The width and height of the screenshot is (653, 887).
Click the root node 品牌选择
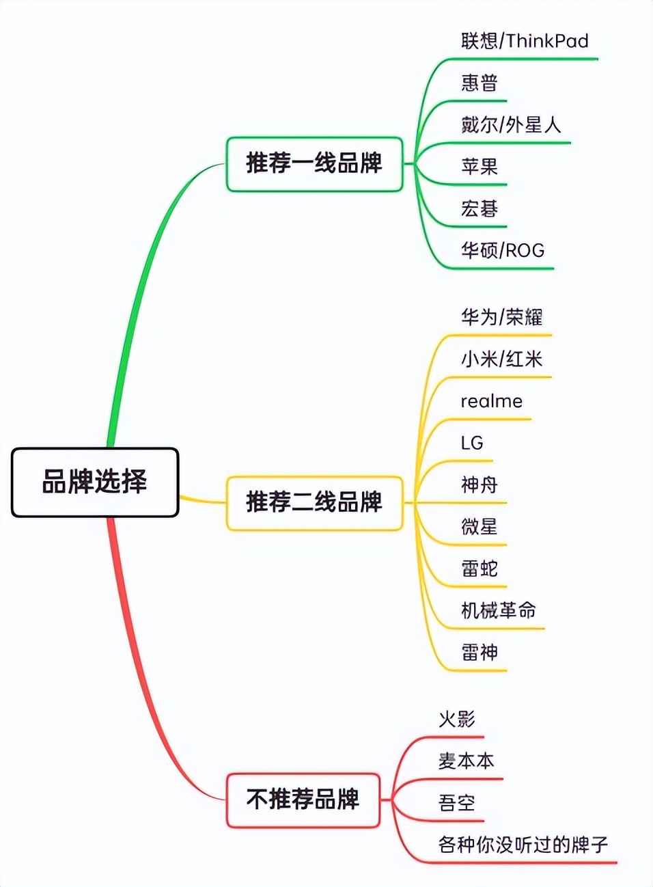pyautogui.click(x=95, y=482)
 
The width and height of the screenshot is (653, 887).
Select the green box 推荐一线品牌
pyautogui.click(x=314, y=164)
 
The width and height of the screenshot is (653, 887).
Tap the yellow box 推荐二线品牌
pyautogui.click(x=314, y=502)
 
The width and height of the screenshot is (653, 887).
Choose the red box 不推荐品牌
pyautogui.click(x=303, y=799)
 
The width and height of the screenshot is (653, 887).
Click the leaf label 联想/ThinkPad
pyautogui.click(x=525, y=41)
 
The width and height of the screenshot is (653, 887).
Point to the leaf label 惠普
pyautogui.click(x=480, y=83)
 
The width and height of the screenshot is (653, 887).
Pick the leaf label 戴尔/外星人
pyautogui.click(x=511, y=124)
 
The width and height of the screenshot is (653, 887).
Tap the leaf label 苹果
pyautogui.click(x=480, y=166)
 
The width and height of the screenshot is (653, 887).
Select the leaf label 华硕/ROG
pyautogui.click(x=503, y=250)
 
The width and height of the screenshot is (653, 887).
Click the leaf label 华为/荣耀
pyautogui.click(x=502, y=317)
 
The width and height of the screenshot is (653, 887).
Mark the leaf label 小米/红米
pyautogui.click(x=502, y=359)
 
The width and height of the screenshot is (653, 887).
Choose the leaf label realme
pyautogui.click(x=491, y=401)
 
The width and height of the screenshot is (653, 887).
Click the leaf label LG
pyautogui.click(x=472, y=443)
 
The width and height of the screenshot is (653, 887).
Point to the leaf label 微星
pyautogui.click(x=480, y=526)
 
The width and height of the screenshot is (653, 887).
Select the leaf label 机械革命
pyautogui.click(x=499, y=610)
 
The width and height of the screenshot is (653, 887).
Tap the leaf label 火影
pyautogui.click(x=457, y=719)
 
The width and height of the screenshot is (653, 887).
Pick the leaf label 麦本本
pyautogui.click(x=467, y=761)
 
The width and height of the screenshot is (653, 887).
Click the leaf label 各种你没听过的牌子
pyautogui.click(x=523, y=845)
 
